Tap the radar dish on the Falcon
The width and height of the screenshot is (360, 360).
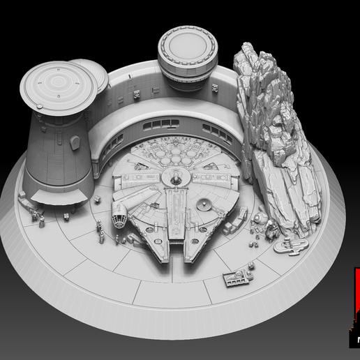click(x=204, y=204)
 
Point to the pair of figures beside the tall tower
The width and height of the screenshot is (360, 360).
click(x=41, y=221)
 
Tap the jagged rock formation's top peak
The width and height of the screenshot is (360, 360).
click(x=248, y=49)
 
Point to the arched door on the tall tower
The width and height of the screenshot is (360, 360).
click(x=75, y=142)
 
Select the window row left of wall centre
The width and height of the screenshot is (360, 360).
click(x=161, y=123)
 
